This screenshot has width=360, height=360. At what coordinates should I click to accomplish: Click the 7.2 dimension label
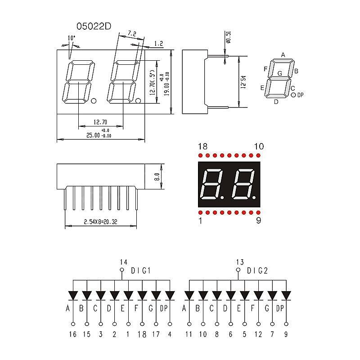[x=132, y=34]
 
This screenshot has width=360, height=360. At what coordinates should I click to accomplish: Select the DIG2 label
[x=257, y=270]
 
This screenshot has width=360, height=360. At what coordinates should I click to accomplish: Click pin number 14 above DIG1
[x=124, y=261]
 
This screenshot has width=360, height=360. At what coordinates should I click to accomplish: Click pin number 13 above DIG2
[x=240, y=261]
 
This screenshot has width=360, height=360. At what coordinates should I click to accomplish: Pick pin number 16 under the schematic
[x=73, y=334]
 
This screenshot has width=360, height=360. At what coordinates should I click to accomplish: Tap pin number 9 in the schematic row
[x=286, y=334]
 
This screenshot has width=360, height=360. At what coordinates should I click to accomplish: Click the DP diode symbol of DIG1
[x=170, y=295]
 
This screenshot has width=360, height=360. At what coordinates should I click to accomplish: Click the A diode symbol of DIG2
[x=189, y=295]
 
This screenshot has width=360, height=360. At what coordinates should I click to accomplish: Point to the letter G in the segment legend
[x=280, y=73]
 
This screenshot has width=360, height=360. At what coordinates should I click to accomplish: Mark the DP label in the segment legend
[x=301, y=95]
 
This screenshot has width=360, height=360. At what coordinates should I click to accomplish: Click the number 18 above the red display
[x=202, y=147]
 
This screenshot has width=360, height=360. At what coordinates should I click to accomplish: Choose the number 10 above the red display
[x=259, y=147]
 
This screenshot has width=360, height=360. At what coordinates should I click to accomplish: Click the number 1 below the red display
[x=200, y=221]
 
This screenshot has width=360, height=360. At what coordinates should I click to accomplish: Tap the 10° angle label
[x=71, y=39]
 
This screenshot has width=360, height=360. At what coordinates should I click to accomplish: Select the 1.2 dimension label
[x=158, y=44]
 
